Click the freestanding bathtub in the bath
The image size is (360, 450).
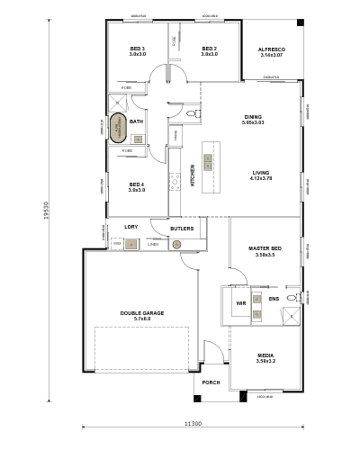click(x=118, y=128)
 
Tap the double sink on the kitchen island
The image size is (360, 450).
click(x=208, y=162)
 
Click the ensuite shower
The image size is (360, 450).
click(x=292, y=315)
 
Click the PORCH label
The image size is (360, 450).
click(x=211, y=382)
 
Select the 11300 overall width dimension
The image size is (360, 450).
click(x=192, y=423)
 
